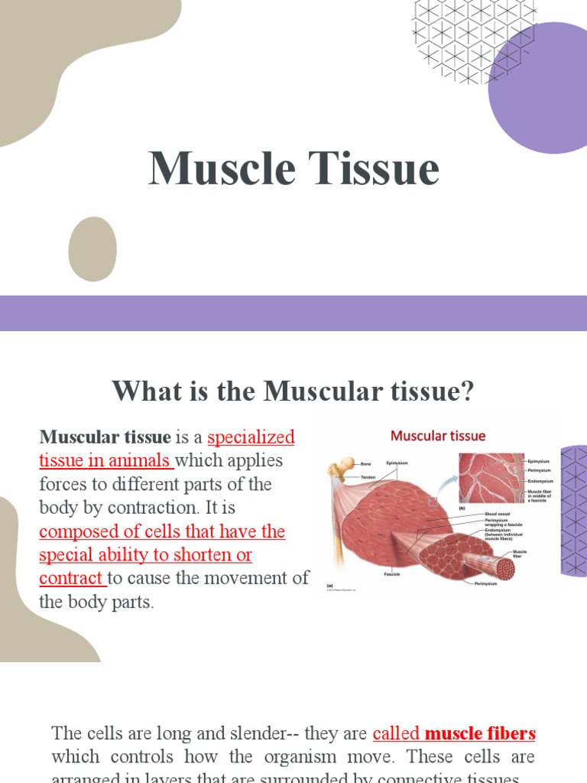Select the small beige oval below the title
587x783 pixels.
[92, 249]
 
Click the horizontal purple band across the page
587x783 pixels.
[293, 314]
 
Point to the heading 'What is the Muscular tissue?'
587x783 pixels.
[293, 392]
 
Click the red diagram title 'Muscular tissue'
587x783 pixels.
[438, 436]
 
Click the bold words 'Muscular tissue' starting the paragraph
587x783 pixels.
[105, 437]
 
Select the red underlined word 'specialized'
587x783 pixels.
[251, 437]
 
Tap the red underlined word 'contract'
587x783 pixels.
[72, 578]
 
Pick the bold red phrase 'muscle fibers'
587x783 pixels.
[480, 734]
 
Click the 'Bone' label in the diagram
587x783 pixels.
[365, 464]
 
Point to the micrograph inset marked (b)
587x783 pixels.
[491, 478]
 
